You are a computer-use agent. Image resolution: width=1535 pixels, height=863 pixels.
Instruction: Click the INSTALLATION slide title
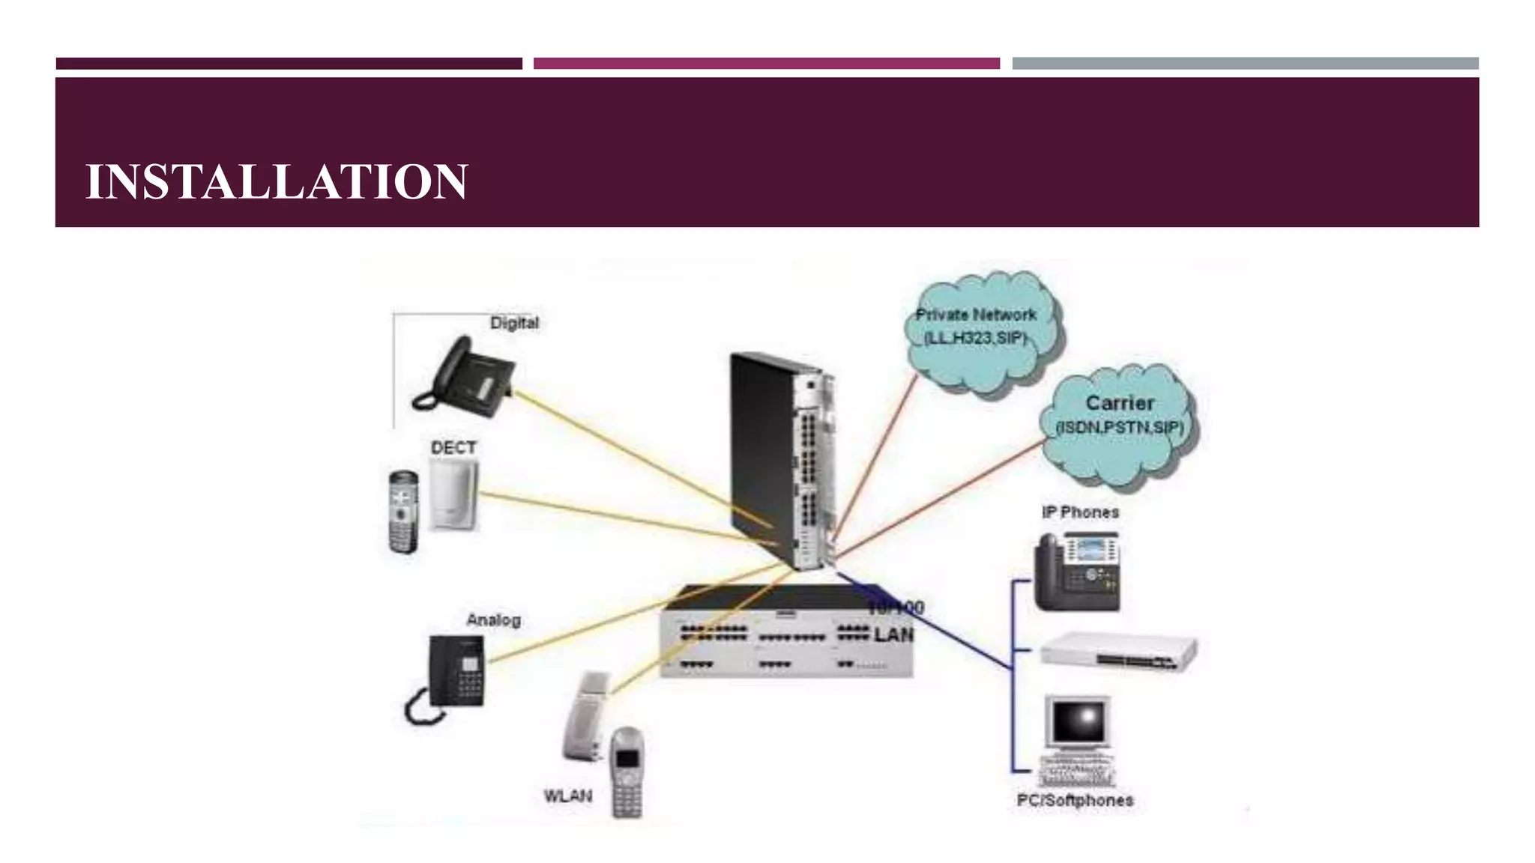[x=277, y=181]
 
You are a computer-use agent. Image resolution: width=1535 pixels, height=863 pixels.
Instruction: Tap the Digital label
[x=514, y=323]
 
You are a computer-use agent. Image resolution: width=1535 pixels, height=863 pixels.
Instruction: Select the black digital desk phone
[x=465, y=375]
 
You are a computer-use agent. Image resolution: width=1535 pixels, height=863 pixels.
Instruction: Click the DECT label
[x=453, y=448]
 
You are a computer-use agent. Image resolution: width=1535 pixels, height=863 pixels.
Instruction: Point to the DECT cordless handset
[x=404, y=511]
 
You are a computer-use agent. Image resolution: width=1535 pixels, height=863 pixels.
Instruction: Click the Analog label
[x=493, y=620]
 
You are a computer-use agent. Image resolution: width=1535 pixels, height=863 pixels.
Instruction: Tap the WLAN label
[x=567, y=796]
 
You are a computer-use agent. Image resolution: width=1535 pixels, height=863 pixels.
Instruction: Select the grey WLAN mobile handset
[x=627, y=773]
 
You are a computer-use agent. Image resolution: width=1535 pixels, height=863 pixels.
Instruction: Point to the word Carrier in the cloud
[x=1120, y=403]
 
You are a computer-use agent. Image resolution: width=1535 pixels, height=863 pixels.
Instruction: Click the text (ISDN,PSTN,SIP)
[x=1119, y=428]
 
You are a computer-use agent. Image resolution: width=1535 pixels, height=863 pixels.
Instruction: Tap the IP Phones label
[x=1080, y=512]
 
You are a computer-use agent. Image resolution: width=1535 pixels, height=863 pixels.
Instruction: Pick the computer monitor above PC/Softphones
[x=1077, y=723]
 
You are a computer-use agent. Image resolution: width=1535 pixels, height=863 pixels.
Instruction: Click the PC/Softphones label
[x=1074, y=800]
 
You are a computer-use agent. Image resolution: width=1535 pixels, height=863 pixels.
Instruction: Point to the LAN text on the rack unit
[x=894, y=635]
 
